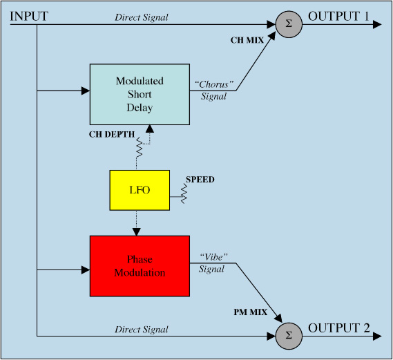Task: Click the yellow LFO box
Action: pos(140,190)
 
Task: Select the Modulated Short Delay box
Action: pos(140,94)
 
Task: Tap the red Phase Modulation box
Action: pos(140,266)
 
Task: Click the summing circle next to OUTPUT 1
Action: pos(289,24)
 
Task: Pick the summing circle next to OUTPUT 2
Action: pos(289,336)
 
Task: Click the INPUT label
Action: pos(29,17)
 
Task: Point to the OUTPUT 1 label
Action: pos(338,17)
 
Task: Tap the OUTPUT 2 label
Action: pos(339,328)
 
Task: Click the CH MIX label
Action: pos(247,40)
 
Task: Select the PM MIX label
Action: pos(251,312)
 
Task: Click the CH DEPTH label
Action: pos(112,134)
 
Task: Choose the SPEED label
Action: pos(200,180)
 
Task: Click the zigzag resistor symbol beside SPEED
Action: pos(184,193)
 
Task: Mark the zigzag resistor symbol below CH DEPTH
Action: pos(139,147)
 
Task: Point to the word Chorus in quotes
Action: pos(214,84)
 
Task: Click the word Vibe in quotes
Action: pos(214,257)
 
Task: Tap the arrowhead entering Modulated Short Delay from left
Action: pos(86,91)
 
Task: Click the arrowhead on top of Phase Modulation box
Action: pos(137,232)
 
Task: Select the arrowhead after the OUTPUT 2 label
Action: pos(377,337)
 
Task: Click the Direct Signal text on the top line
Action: pos(142,17)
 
